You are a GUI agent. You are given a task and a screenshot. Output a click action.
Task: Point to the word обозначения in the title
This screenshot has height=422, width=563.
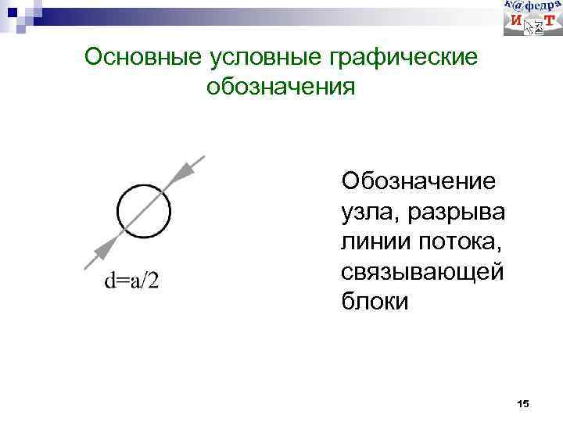281,85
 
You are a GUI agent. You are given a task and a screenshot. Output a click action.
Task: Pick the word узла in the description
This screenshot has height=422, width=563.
364,212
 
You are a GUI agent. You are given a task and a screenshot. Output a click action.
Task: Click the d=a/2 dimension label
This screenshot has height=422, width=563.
131,280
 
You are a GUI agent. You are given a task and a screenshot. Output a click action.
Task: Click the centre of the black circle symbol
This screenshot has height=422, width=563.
143,211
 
